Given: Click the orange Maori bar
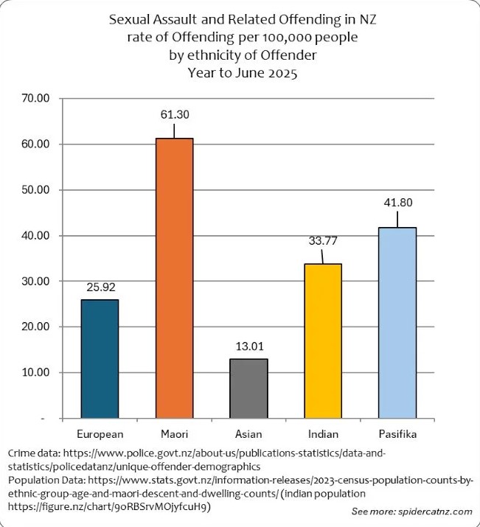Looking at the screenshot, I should click(x=174, y=278).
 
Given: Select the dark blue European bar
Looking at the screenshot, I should click(x=100, y=359).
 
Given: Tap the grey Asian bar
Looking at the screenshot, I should click(x=248, y=388).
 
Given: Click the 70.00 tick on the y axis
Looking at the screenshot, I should click(x=35, y=98).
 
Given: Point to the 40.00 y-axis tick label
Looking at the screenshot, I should click(x=35, y=235).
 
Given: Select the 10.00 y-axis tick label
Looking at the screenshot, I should click(x=35, y=372).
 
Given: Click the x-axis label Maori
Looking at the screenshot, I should click(x=174, y=433).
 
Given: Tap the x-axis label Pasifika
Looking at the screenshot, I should click(x=397, y=433).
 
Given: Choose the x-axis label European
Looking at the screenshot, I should click(x=100, y=433).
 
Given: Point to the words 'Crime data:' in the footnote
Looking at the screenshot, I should click(x=32, y=452).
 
